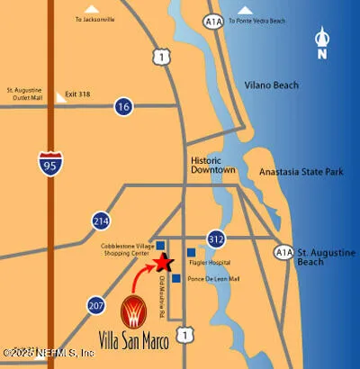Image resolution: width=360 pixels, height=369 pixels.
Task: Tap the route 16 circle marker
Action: click(123, 108)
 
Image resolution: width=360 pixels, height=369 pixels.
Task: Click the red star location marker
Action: click(163, 263)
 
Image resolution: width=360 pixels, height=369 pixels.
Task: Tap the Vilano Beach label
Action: click(270, 86)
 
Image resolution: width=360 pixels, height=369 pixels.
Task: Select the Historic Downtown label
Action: click(212, 166)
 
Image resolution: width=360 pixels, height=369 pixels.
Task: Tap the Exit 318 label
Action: click(78, 93)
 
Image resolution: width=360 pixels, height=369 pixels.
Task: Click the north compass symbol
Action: click(323, 43)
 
